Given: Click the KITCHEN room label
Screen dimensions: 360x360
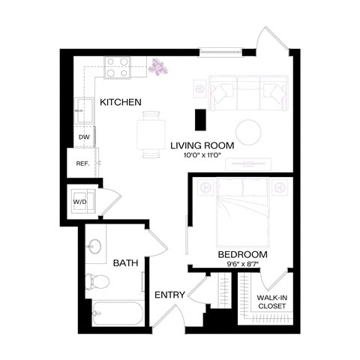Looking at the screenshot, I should click(121, 102).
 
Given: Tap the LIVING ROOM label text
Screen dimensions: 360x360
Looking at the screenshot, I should click(202, 145).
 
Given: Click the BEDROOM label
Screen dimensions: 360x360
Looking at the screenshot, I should click(242, 254).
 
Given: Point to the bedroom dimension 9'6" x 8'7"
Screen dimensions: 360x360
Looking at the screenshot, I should click(242, 265).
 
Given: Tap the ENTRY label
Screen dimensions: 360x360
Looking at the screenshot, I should click(170, 296).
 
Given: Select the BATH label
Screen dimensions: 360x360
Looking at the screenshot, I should click(125, 263).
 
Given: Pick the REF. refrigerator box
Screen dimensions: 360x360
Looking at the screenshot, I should click(82, 163).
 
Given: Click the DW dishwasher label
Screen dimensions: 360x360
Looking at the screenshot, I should click(84, 138).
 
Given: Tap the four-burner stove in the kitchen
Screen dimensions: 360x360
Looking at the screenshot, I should click(117, 68).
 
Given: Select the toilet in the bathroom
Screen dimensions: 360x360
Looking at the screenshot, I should click(97, 282).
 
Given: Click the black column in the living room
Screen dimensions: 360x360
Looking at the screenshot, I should click(200, 119).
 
